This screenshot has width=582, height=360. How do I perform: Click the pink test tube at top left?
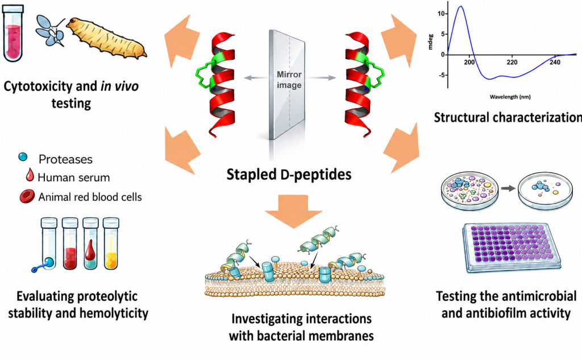point(13,34)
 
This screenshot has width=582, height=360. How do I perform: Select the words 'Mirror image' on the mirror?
point(289,80)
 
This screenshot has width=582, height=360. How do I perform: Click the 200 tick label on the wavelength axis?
point(469,62)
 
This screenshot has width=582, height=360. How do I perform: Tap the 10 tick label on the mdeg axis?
point(441,14)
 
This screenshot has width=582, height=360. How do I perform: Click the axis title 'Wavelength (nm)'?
point(510,97)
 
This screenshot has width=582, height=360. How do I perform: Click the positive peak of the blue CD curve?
point(461,6)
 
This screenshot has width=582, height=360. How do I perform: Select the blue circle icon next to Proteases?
point(23,157)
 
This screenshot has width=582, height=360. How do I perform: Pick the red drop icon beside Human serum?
point(30,175)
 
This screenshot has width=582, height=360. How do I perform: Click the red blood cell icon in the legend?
point(27,196)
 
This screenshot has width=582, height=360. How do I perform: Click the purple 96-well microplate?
point(512,247)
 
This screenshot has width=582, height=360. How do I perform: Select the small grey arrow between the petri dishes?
point(508,188)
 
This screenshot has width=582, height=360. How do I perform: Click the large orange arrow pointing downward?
point(293,210)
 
